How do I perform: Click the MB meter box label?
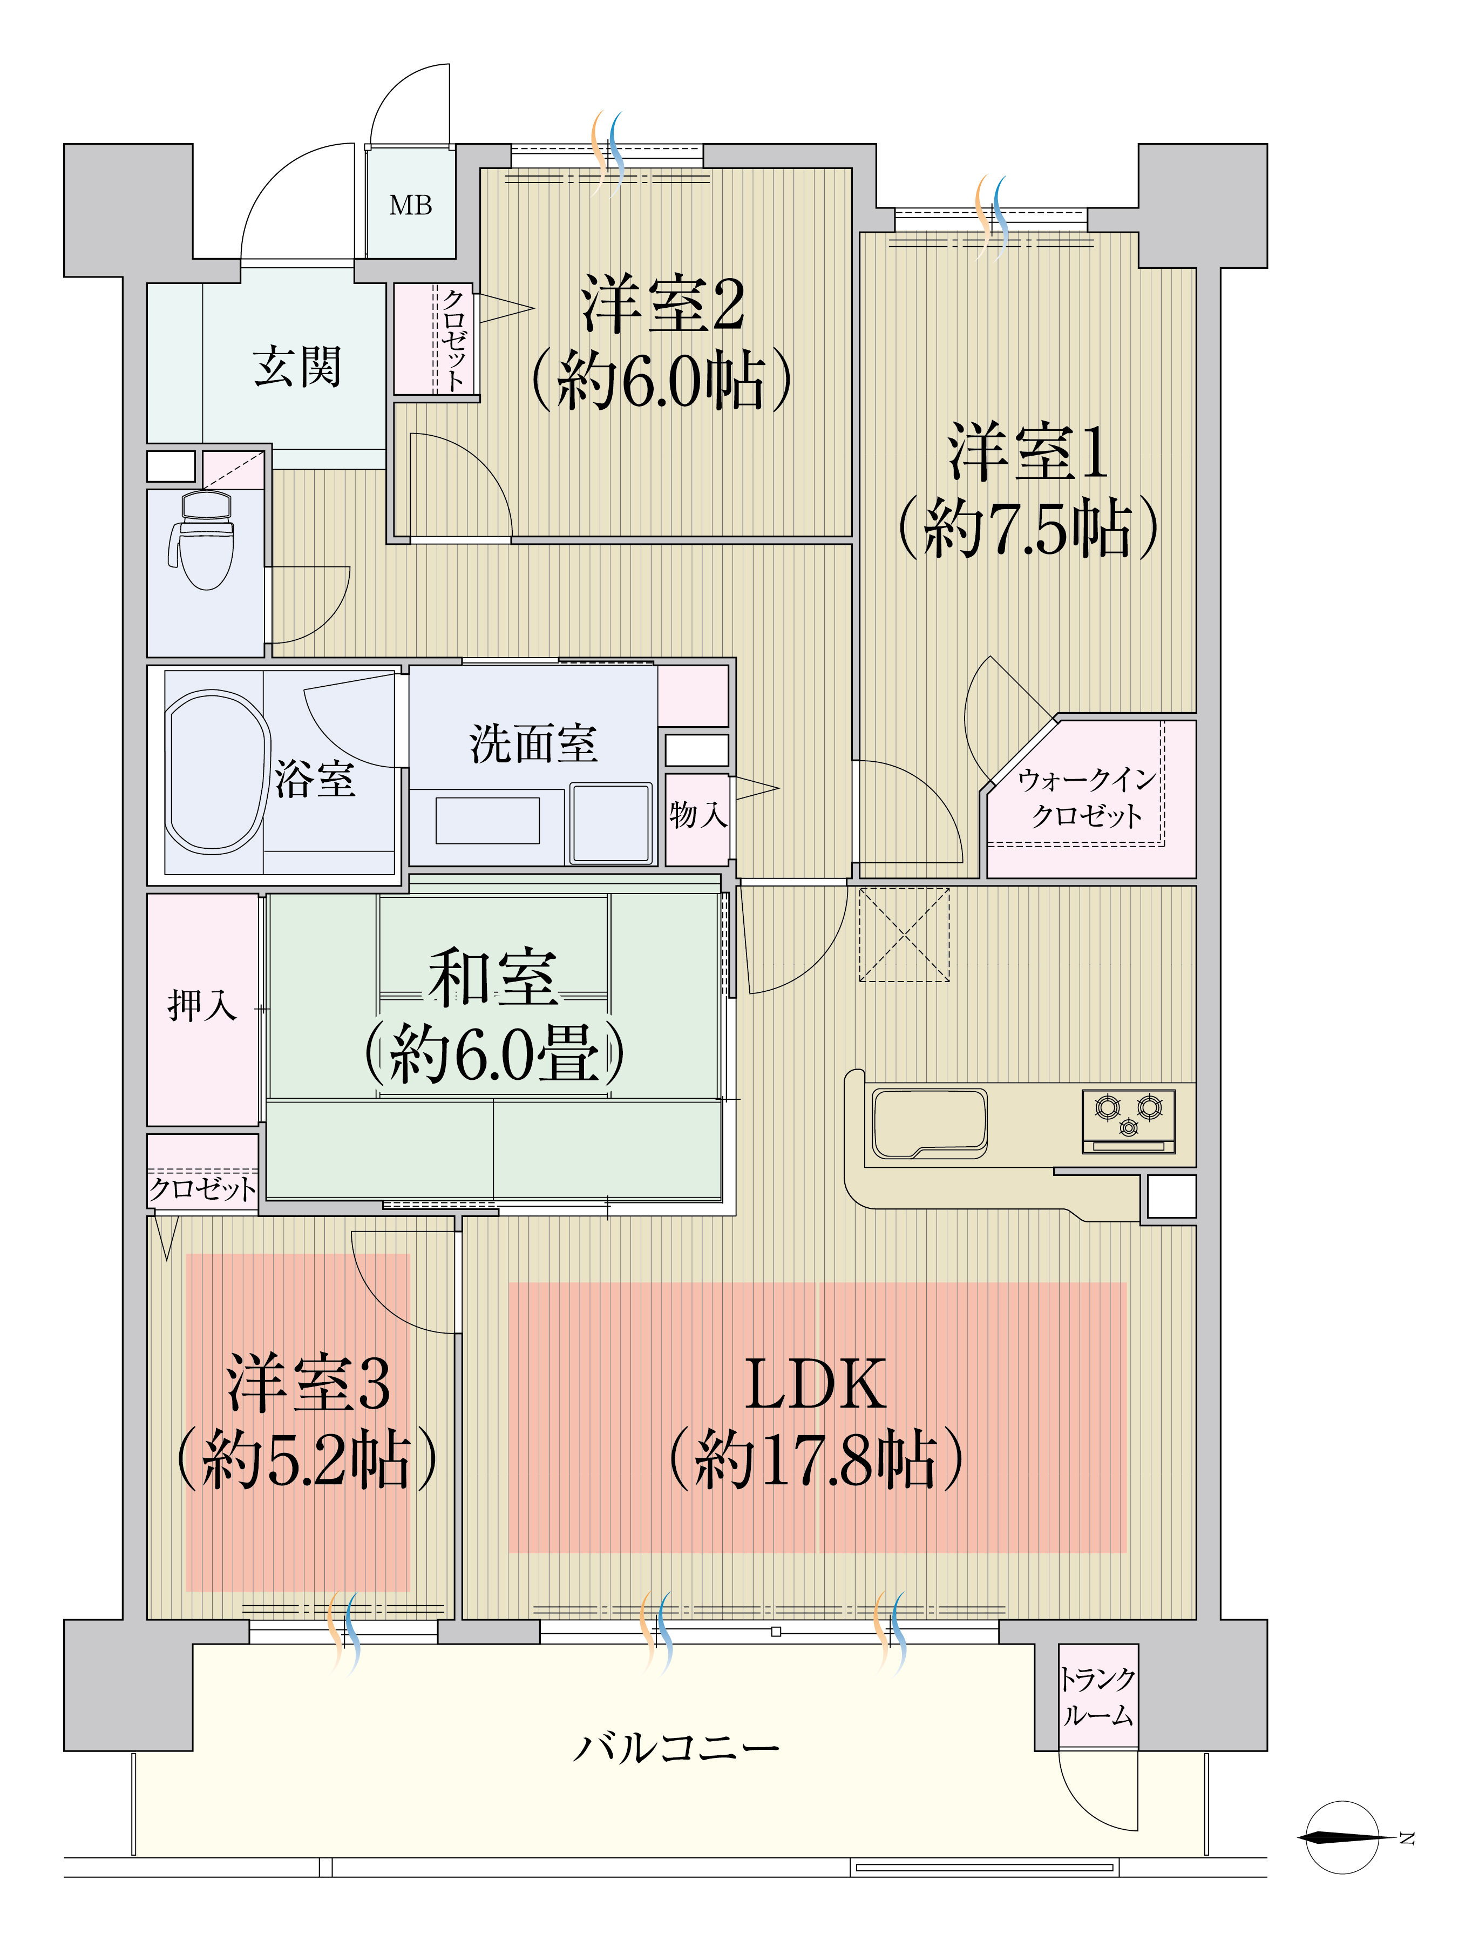[x=410, y=206]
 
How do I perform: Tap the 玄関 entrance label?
[x=297, y=367]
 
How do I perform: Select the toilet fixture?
[x=202, y=540]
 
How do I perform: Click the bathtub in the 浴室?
[x=216, y=772]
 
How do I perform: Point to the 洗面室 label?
[x=533, y=743]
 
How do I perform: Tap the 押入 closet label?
[x=202, y=1006]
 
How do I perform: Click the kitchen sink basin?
[x=930, y=1123]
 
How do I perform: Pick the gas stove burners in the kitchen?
[x=1128, y=1114]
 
